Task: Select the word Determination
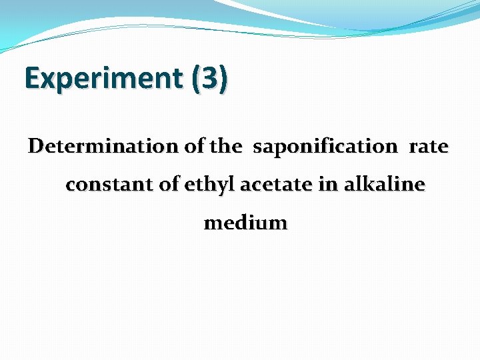(103, 146)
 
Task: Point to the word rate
(429, 146)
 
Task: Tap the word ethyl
(208, 185)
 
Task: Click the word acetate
(275, 185)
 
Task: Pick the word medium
(245, 223)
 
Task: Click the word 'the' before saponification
(225, 146)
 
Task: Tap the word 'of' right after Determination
(194, 146)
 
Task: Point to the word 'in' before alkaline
(327, 185)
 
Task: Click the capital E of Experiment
(32, 78)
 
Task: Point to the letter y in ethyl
(215, 187)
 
